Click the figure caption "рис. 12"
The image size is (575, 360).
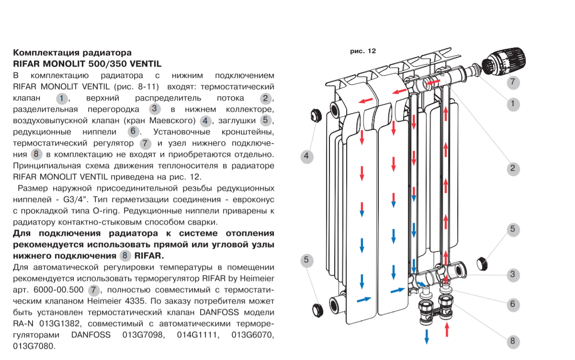click(x=363, y=50)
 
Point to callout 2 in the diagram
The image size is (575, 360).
click(x=512, y=168)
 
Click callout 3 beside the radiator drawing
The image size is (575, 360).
click(x=512, y=274)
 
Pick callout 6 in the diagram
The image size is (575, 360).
click(x=512, y=304)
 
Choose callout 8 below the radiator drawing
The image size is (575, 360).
click(x=512, y=341)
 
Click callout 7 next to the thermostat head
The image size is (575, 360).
click(x=512, y=82)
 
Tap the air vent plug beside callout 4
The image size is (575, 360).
click(x=316, y=115)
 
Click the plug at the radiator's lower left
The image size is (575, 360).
click(x=317, y=308)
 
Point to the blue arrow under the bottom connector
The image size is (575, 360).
click(x=426, y=336)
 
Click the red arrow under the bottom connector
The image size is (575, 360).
click(x=448, y=329)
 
